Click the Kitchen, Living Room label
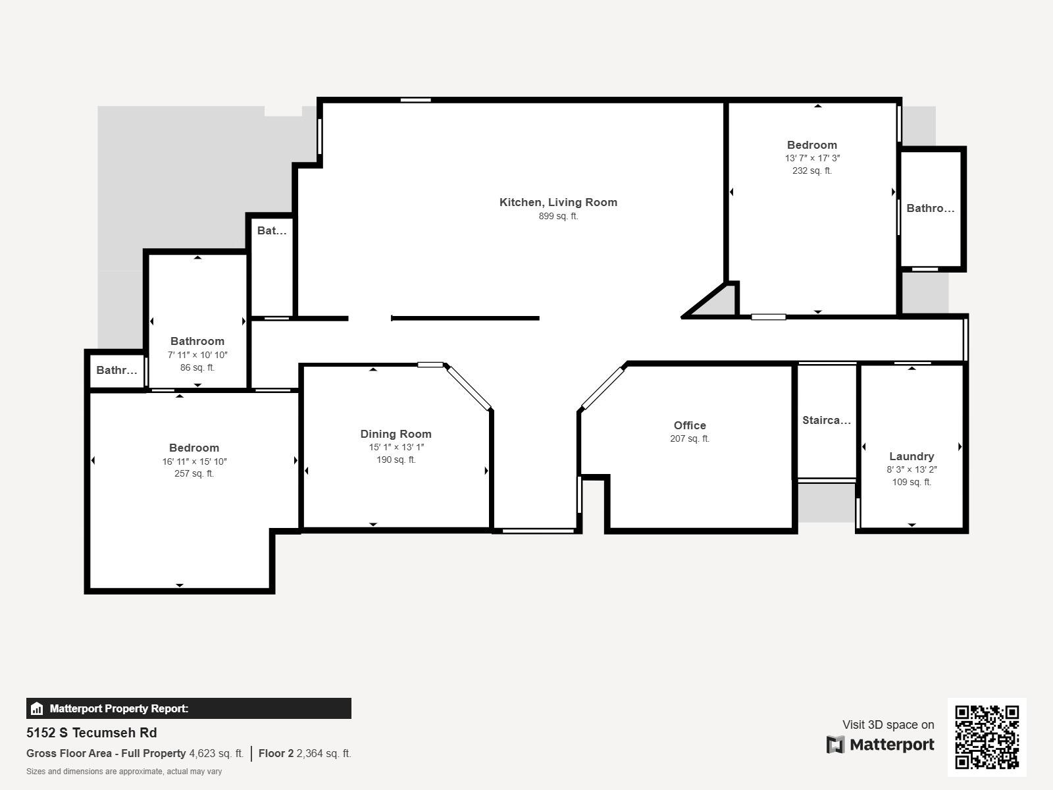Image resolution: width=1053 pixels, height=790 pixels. click(x=558, y=202)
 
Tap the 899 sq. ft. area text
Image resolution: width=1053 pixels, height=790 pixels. click(x=558, y=216)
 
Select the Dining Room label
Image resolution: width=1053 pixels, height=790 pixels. click(x=396, y=434)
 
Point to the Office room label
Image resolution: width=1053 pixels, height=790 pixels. click(x=690, y=425)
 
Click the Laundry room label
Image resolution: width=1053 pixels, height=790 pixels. click(x=912, y=456)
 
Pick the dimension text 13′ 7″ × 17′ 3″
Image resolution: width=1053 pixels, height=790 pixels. click(x=812, y=158)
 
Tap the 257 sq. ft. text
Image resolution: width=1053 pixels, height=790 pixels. click(x=193, y=473)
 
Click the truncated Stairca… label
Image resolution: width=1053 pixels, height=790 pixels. click(x=827, y=420)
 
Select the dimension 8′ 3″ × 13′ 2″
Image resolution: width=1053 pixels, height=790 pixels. click(x=912, y=469)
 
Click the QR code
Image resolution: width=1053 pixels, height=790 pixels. click(x=987, y=737)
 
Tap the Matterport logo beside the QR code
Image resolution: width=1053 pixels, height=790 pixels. click(x=881, y=745)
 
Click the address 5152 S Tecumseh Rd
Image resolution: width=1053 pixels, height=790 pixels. click(x=91, y=733)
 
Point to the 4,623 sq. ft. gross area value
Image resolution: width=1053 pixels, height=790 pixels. click(x=216, y=753)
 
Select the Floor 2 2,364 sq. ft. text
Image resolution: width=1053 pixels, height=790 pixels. click(x=305, y=753)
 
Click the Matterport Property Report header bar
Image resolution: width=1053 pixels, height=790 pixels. click(x=188, y=708)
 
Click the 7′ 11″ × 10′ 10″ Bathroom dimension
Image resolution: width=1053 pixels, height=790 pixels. click(x=197, y=355)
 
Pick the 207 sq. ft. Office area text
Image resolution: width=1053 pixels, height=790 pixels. click(x=690, y=438)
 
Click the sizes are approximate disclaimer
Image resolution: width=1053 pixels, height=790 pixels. click(x=124, y=772)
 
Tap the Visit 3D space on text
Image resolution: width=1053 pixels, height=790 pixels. click(x=888, y=725)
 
